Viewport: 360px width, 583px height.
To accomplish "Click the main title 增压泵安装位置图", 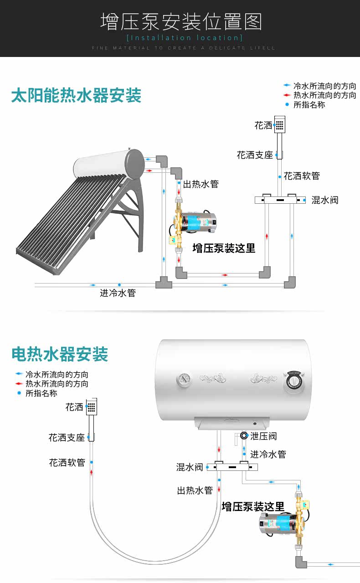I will tap(181, 21).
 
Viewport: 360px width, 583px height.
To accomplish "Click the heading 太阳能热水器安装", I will tap(76, 96).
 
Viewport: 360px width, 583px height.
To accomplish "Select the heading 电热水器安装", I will tap(60, 354).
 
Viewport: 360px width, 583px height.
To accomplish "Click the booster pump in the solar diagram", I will tap(194, 225).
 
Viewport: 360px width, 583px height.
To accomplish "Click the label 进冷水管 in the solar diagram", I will tap(118, 293).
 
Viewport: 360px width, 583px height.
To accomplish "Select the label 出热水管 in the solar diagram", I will tap(201, 184).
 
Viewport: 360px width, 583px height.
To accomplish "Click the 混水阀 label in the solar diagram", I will tap(325, 200).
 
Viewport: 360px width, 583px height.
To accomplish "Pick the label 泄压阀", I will tap(263, 436).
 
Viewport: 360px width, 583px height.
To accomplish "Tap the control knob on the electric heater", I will tap(294, 381).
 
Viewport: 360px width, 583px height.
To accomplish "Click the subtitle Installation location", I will tap(184, 37).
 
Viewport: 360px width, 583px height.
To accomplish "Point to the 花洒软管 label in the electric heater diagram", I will tap(67, 463).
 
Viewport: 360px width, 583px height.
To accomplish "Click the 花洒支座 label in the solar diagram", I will tap(255, 155).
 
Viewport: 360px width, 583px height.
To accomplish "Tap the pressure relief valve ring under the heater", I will tap(244, 436).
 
